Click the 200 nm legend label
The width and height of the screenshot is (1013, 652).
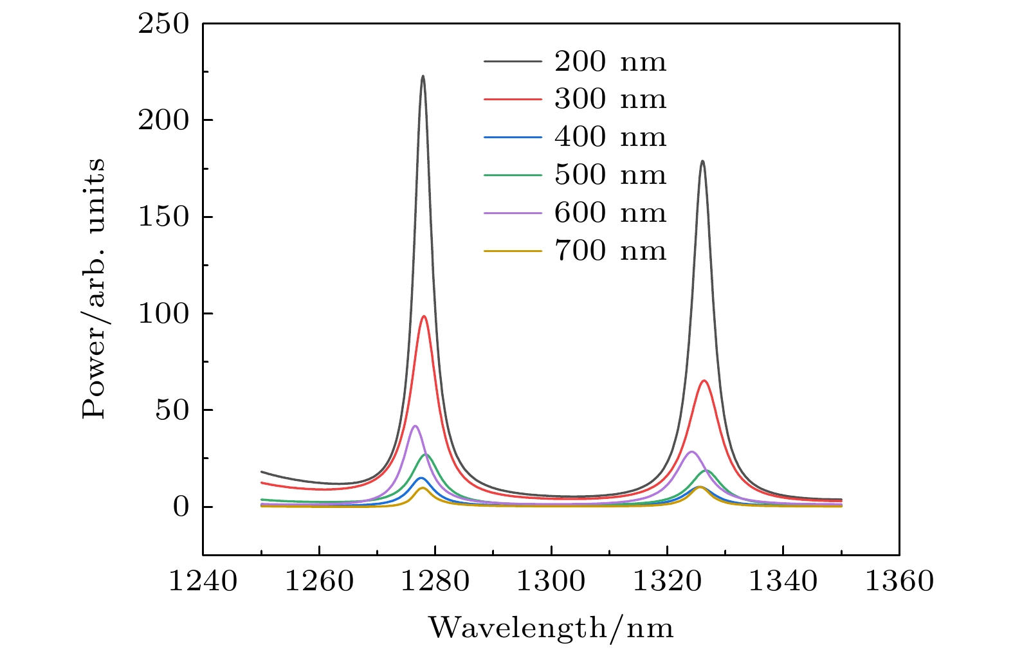(x=610, y=62)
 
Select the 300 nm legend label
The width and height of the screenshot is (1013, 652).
(x=610, y=99)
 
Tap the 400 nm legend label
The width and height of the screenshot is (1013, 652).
(x=610, y=137)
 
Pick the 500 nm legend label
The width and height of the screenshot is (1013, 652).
(x=610, y=175)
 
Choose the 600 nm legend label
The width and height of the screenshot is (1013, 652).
(x=610, y=213)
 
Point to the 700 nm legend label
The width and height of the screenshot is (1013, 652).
(x=610, y=250)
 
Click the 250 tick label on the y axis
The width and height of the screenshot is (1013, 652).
(x=164, y=24)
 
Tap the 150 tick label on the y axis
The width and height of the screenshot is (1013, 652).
(x=164, y=217)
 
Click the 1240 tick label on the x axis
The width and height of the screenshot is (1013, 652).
(x=203, y=581)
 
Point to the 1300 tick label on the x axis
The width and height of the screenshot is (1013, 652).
(x=551, y=581)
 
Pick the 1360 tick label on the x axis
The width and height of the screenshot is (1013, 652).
(x=899, y=581)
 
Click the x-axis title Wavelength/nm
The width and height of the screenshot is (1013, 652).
(x=551, y=627)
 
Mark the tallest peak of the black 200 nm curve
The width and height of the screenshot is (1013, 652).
(x=423, y=77)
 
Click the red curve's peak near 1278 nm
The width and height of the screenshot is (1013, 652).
(x=424, y=316)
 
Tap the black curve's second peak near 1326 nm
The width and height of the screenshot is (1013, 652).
(x=702, y=161)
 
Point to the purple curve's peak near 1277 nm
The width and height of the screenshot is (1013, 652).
(x=415, y=426)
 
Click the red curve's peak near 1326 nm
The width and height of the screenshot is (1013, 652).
(x=704, y=381)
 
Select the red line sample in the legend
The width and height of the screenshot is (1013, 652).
(x=513, y=99)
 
